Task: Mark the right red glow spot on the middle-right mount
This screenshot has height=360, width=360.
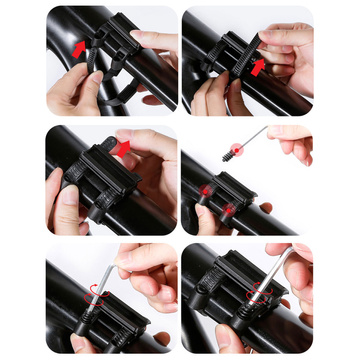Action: click(x=229, y=210)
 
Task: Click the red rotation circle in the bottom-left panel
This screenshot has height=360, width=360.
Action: click(x=93, y=285)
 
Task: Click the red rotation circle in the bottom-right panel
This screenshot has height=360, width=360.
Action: click(x=263, y=295)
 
